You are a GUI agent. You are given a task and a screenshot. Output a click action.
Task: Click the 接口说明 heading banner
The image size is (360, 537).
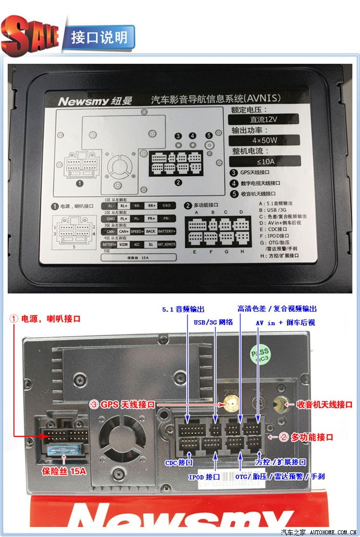point(99,38)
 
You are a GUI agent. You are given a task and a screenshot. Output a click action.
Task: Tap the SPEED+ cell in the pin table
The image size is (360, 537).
point(137,232)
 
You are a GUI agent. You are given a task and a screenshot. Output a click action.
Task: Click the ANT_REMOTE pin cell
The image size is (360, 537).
point(167,245)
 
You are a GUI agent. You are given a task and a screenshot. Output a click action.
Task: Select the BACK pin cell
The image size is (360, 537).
point(151,232)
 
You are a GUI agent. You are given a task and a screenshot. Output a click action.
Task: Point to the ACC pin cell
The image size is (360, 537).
point(137,245)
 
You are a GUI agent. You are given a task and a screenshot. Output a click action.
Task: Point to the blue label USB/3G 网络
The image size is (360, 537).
point(212,323)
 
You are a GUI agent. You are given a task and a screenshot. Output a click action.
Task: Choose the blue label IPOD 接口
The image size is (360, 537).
point(204,477)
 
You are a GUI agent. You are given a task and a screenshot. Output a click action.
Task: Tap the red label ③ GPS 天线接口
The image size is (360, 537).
point(122,405)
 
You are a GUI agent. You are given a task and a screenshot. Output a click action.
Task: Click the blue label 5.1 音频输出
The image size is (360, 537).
point(183,309)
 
